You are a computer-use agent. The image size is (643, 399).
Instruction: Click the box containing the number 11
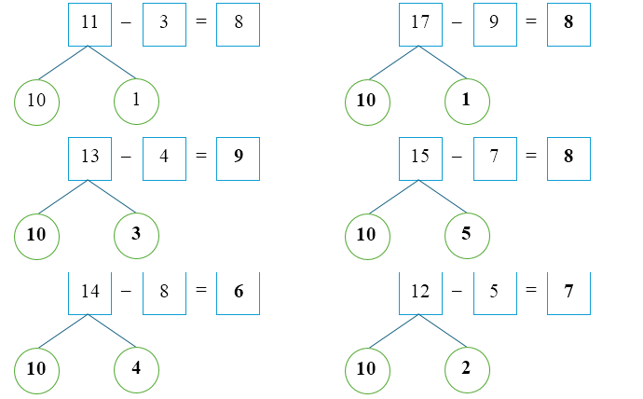click(x=90, y=23)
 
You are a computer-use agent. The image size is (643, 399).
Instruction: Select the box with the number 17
click(x=420, y=23)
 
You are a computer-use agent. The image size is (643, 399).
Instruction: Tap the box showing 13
click(x=90, y=157)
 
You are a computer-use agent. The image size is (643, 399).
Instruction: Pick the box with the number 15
click(x=420, y=157)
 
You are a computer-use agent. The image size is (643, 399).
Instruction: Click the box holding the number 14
click(x=90, y=292)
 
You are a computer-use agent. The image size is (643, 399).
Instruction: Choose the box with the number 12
click(x=420, y=292)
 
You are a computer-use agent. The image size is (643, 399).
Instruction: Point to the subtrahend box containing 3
click(x=164, y=23)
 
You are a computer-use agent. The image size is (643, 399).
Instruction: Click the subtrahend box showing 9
click(x=495, y=23)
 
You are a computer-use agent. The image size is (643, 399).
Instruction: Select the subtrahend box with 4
click(x=164, y=157)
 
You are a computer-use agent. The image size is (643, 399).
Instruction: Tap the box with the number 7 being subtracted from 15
click(x=495, y=157)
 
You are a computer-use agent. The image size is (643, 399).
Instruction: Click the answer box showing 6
click(x=239, y=292)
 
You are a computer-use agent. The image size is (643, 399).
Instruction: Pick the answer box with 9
click(x=239, y=157)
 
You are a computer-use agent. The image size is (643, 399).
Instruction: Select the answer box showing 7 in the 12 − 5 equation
click(x=568, y=292)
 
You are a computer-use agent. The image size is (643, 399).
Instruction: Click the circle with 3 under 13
click(x=136, y=234)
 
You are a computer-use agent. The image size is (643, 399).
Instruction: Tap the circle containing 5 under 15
click(x=466, y=234)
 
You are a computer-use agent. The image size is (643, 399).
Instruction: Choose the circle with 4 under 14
click(x=136, y=368)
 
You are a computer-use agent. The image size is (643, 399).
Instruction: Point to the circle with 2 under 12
click(x=466, y=368)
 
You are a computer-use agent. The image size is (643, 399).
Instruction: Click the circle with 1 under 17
click(x=466, y=101)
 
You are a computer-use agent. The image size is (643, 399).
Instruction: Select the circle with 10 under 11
click(x=36, y=101)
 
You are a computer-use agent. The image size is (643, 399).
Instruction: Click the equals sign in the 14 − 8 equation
click(x=200, y=292)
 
